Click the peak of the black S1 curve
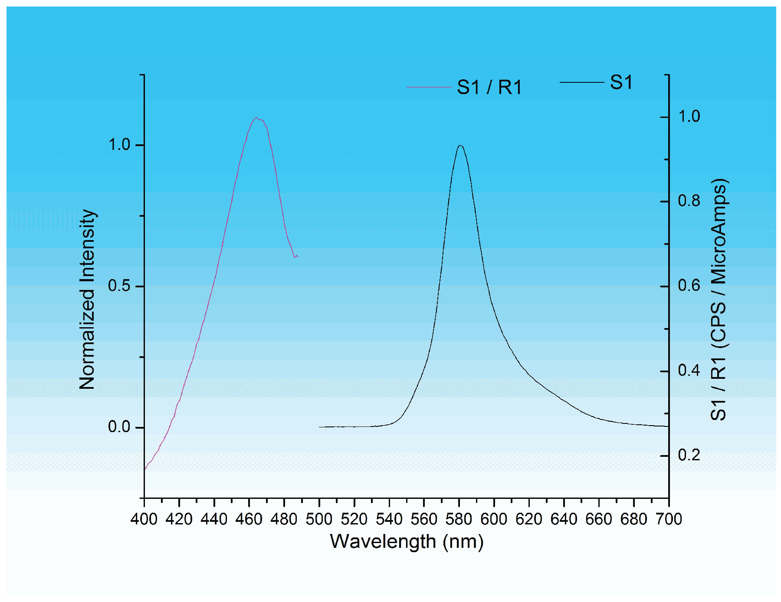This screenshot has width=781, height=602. [460, 146]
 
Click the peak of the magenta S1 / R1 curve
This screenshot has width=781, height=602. [256, 117]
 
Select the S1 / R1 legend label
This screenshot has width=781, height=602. [489, 88]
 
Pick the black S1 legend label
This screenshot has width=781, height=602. [621, 82]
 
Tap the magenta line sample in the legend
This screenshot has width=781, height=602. [429, 88]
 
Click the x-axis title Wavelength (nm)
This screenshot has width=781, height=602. [407, 542]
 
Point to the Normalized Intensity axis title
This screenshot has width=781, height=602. [87, 299]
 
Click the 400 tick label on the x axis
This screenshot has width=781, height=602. [144, 519]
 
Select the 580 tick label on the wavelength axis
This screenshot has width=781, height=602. [459, 519]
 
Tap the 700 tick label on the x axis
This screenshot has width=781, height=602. [669, 519]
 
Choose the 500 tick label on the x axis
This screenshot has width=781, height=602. [319, 519]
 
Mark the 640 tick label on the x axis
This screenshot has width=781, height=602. [564, 519]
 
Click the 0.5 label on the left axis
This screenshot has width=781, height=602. [119, 286]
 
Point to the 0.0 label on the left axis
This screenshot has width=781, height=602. [119, 427]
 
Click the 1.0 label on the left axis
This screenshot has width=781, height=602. [119, 145]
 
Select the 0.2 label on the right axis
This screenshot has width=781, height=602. [689, 456]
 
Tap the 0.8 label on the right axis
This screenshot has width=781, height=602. [689, 201]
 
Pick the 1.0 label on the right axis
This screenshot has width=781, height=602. [689, 117]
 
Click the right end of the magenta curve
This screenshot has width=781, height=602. [298, 257]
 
